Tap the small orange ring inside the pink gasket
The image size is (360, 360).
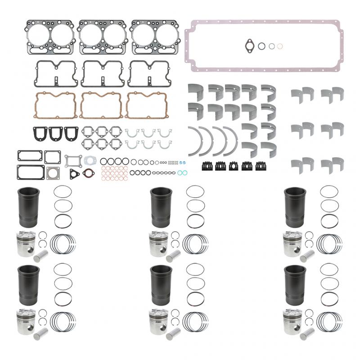coord(280,45)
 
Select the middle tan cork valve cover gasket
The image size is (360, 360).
coord(101,105)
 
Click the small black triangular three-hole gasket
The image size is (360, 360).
coord(73,174)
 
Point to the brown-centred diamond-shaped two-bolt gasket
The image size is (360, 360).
coord(89,172)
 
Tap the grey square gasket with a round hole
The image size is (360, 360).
coord(53,173)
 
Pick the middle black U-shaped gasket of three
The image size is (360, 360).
coord(55,133)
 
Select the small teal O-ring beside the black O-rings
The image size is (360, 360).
coord(180,172)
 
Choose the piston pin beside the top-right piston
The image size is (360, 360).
coord(307,256)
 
